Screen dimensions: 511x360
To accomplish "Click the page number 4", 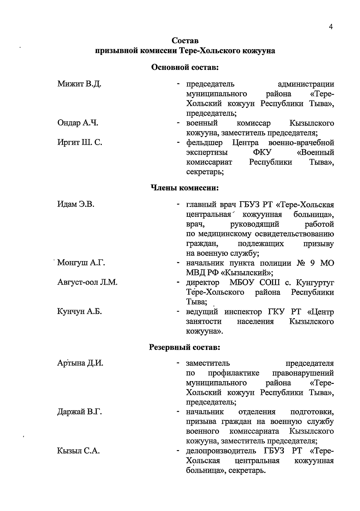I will [331, 27].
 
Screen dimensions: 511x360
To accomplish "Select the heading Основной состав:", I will [185, 67].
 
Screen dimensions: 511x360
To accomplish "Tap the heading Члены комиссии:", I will [184, 188].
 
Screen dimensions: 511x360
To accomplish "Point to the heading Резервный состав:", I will [185, 348].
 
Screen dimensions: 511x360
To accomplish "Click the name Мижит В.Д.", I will [79, 84].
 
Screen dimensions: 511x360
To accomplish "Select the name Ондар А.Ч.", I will [78, 123].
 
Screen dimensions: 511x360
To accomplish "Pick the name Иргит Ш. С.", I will [79, 142].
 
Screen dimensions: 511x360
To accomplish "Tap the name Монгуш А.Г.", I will [81, 263].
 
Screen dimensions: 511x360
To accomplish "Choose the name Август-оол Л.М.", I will [87, 282].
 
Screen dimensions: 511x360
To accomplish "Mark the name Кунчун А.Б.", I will [79, 312].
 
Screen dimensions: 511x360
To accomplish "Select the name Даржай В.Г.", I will [79, 412].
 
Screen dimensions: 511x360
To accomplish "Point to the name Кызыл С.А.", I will [78, 451].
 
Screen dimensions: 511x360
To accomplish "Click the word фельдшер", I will [205, 143].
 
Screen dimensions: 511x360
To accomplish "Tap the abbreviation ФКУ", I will [262, 152].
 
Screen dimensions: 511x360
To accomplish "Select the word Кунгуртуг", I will [315, 282].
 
